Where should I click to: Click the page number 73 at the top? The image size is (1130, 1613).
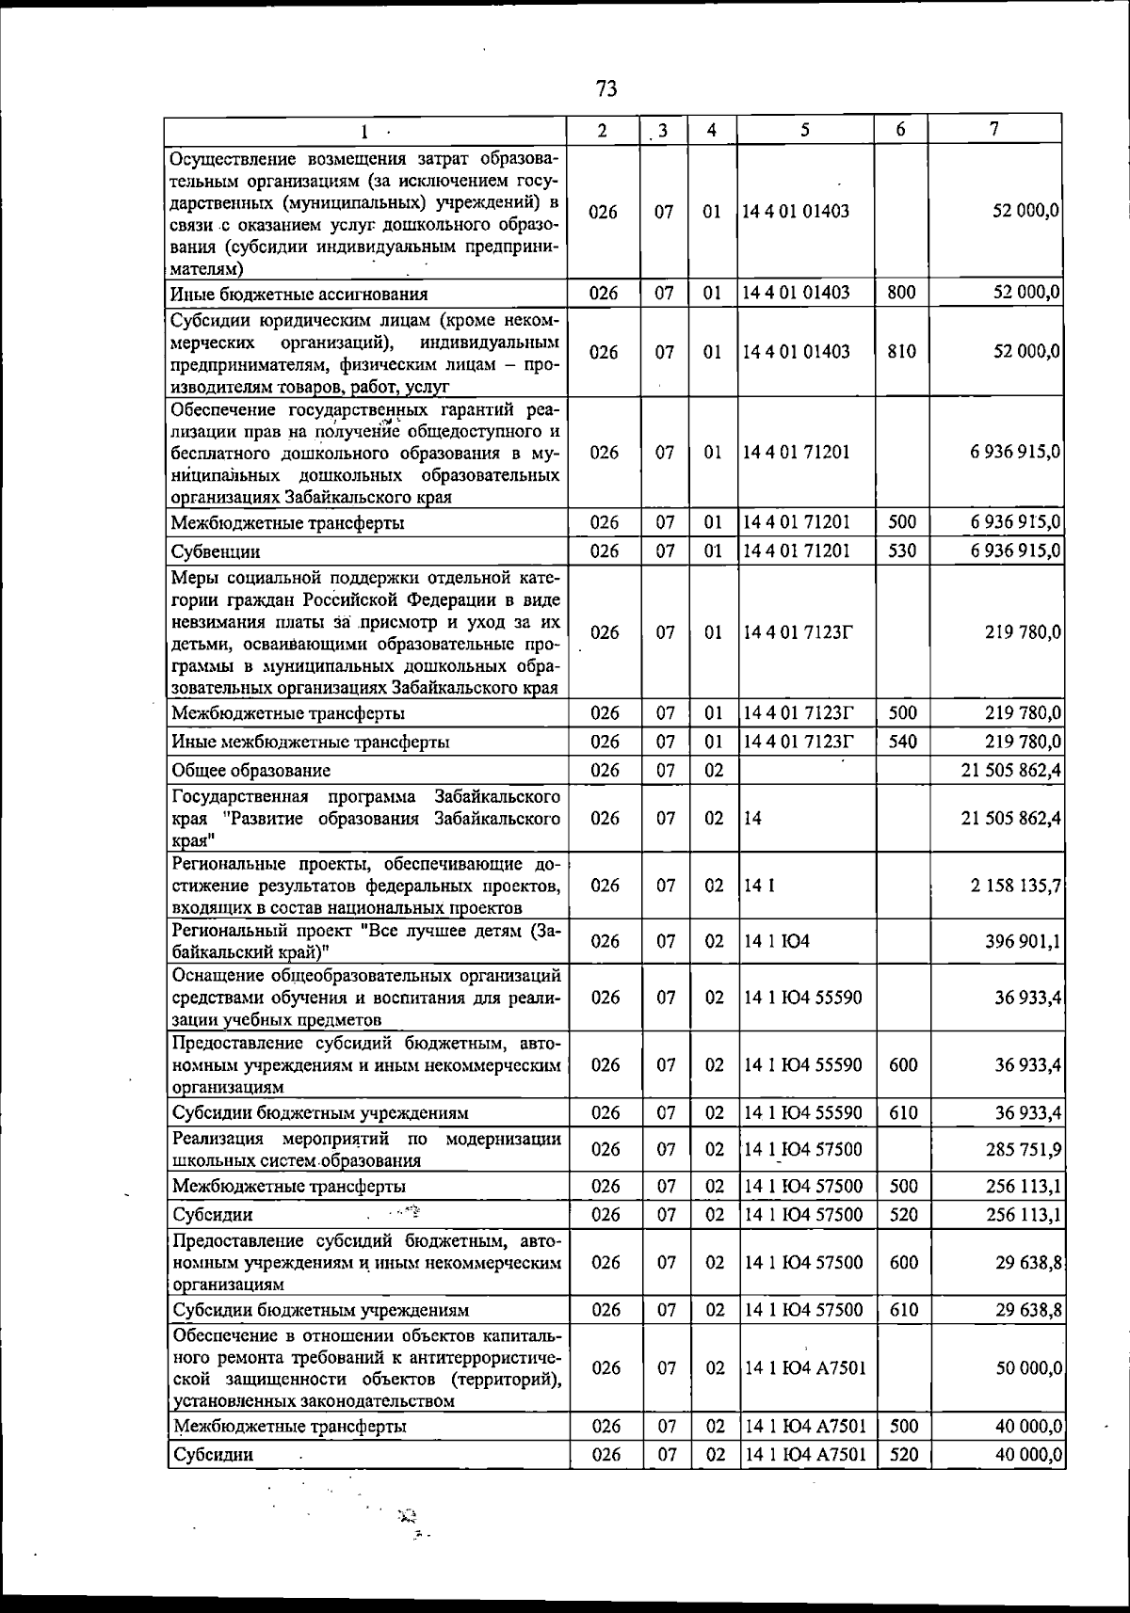pos(606,89)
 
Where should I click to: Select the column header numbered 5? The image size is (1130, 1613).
pos(805,130)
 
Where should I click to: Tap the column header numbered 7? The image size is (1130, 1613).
pos(994,130)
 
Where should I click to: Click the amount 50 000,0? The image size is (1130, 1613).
pos(1029,1367)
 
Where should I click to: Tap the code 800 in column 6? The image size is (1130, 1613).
pos(901,293)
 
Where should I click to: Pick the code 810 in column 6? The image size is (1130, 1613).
pos(901,352)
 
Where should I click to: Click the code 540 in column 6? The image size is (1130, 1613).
pos(902,742)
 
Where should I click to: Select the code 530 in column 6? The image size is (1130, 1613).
pos(902,551)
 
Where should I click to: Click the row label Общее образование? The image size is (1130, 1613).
pos(251,771)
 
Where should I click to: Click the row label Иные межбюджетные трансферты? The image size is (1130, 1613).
pos(310,743)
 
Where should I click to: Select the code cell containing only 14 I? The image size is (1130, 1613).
pos(753,886)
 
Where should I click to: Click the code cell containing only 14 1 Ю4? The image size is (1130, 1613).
pos(763,941)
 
